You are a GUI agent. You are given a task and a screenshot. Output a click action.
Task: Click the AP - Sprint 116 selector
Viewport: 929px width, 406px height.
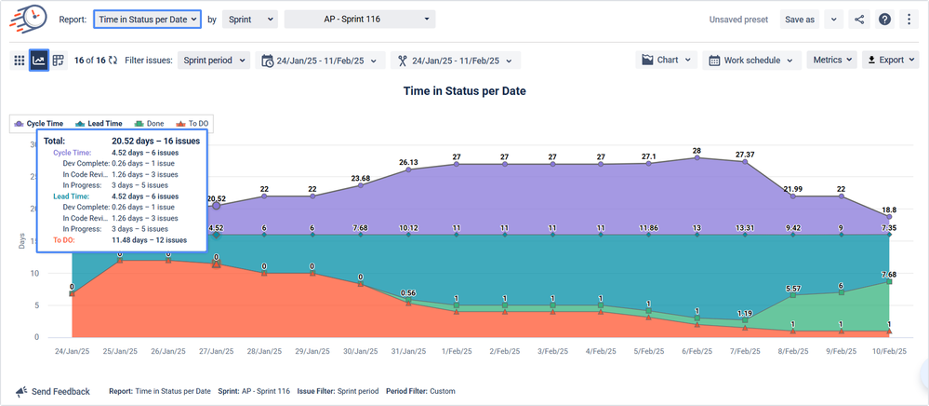[x=359, y=19]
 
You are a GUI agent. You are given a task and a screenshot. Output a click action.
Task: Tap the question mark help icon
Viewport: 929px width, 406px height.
[x=884, y=19]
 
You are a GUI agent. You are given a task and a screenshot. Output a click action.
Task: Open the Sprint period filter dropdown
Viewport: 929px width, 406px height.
[x=214, y=60]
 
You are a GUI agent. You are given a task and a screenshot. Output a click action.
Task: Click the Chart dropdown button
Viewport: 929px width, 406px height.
[x=667, y=60]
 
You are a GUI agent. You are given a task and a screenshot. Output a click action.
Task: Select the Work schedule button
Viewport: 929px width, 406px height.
[x=752, y=60]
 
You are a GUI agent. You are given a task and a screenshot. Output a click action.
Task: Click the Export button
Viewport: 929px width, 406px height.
[x=891, y=60]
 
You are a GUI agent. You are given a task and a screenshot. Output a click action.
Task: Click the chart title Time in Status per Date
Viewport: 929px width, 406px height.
[x=464, y=91]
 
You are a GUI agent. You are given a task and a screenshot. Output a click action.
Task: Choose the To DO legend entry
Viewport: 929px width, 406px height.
[x=193, y=123]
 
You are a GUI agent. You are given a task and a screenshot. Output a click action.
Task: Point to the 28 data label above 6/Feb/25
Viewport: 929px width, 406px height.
[x=696, y=151]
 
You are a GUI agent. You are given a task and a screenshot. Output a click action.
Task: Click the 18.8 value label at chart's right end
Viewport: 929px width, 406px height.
[x=889, y=210]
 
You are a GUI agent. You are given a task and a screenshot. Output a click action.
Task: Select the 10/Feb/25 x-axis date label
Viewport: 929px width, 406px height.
[x=889, y=351]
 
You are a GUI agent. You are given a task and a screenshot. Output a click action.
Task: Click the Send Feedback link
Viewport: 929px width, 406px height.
[x=53, y=391]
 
